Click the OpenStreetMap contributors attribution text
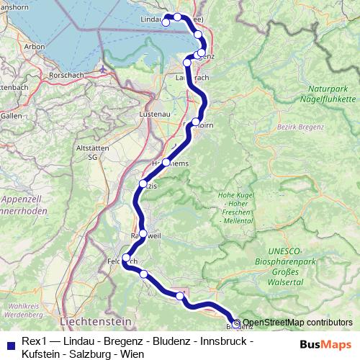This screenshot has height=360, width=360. pyautogui.click(x=297, y=323)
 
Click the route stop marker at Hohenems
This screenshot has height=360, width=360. pyautogui.click(x=166, y=163)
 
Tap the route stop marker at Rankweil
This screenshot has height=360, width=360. pyautogui.click(x=143, y=233)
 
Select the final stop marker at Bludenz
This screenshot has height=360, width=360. pyautogui.click(x=236, y=323)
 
